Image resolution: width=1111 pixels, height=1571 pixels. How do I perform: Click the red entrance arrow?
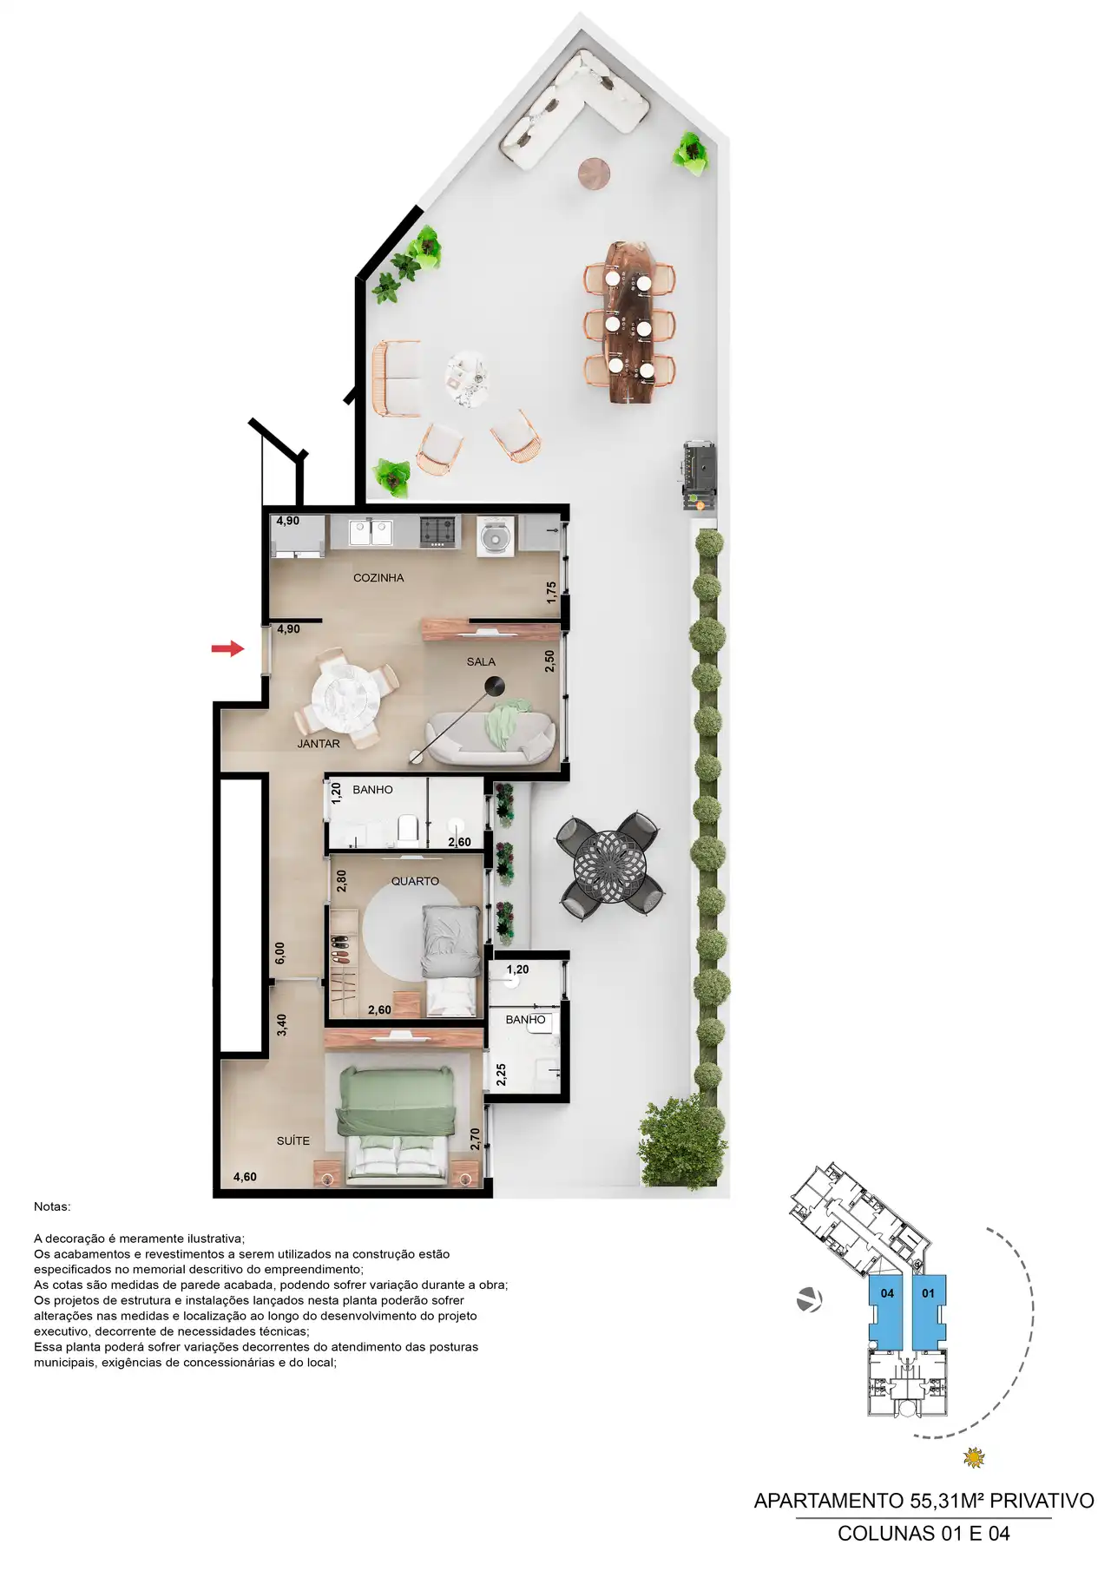tap(227, 648)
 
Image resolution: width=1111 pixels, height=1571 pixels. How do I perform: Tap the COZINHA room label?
tap(378, 578)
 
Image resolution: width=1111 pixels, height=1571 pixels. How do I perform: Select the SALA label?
tap(481, 662)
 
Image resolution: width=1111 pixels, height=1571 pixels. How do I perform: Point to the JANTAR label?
tap(319, 744)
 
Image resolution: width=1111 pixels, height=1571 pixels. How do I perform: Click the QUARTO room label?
tap(415, 881)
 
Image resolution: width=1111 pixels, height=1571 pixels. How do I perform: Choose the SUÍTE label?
tap(293, 1141)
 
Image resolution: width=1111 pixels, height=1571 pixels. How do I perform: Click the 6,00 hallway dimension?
tap(280, 953)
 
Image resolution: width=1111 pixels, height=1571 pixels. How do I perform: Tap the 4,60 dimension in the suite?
tap(245, 1178)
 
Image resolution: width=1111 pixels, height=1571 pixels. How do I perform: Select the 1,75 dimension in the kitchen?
tap(551, 593)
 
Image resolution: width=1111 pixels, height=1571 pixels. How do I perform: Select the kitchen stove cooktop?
tap(437, 532)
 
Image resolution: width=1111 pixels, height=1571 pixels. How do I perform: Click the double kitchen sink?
tap(371, 532)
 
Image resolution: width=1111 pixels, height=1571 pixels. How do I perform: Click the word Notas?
tap(52, 1207)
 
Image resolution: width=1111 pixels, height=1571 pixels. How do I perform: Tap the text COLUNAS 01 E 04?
tap(924, 1534)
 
